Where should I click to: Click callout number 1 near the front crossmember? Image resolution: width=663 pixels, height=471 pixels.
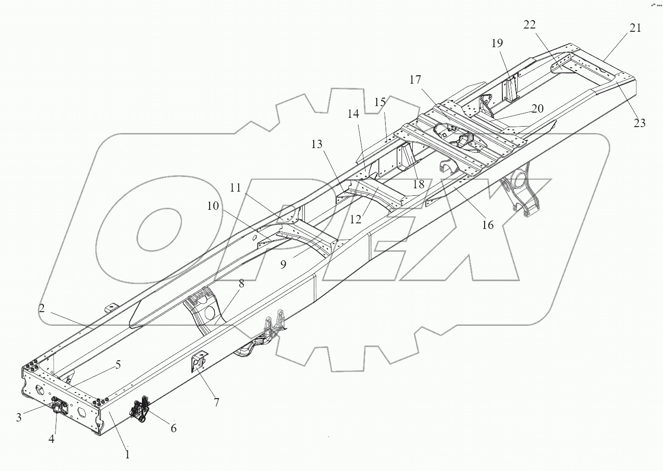pyautogui.click(x=127, y=454)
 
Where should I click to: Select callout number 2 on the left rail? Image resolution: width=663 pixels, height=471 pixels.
pyautogui.click(x=42, y=308)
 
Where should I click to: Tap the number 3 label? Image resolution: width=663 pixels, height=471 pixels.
pyautogui.click(x=19, y=417)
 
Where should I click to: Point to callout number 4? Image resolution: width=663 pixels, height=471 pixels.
pyautogui.click(x=51, y=439)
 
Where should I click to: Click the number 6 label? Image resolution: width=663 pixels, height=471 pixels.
pyautogui.click(x=173, y=428)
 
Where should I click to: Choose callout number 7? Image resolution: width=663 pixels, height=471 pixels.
pyautogui.click(x=216, y=401)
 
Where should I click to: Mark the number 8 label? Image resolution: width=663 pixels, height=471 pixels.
pyautogui.click(x=241, y=283)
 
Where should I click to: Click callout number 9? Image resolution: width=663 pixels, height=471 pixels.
pyautogui.click(x=283, y=264)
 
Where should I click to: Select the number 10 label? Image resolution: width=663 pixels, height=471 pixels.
pyautogui.click(x=213, y=206)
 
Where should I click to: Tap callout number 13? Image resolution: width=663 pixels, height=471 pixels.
pyautogui.click(x=317, y=144)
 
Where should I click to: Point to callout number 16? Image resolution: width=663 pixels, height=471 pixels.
pyautogui.click(x=487, y=225)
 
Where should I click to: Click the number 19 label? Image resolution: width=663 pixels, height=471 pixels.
pyautogui.click(x=497, y=43)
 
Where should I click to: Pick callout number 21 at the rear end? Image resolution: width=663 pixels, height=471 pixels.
pyautogui.click(x=635, y=28)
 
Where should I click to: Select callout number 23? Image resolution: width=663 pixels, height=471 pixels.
pyautogui.click(x=639, y=123)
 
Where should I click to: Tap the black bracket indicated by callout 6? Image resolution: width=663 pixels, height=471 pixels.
pyautogui.click(x=140, y=408)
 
